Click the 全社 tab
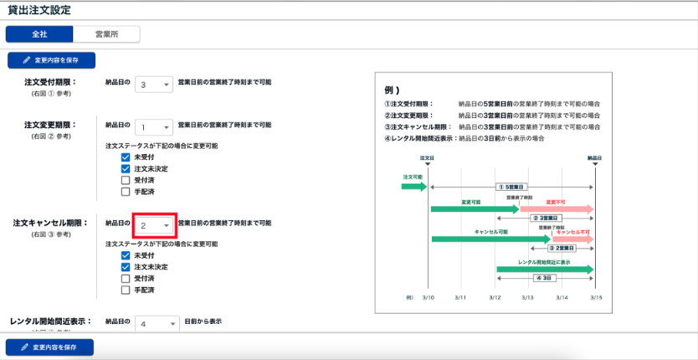[x=39, y=34]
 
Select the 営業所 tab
[x=105, y=34]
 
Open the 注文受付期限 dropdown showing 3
[x=154, y=85]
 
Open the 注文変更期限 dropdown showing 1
[x=154, y=126]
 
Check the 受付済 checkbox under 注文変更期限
[x=126, y=180]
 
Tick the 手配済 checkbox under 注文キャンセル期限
[x=126, y=290]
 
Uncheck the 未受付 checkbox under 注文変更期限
[x=126, y=157]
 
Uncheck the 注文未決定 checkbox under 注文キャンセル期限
[x=126, y=266]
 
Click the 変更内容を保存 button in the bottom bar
[x=50, y=347]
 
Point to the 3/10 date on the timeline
[x=428, y=298]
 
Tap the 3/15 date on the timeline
[x=594, y=298]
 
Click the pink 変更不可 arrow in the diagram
[x=557, y=208]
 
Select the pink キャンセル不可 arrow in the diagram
[x=572, y=239]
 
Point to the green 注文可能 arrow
[x=413, y=185]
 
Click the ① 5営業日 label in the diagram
[x=511, y=188]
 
